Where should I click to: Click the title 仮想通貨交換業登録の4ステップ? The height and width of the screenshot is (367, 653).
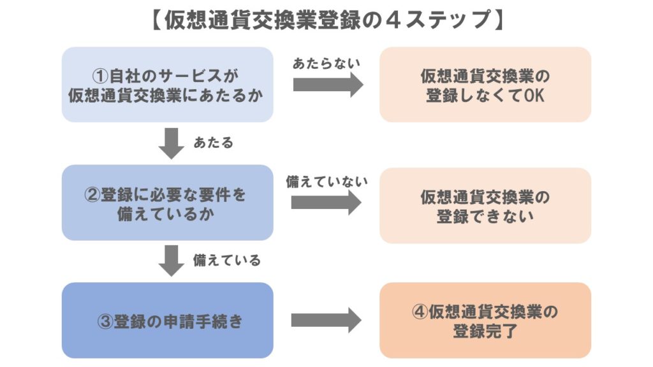(326, 20)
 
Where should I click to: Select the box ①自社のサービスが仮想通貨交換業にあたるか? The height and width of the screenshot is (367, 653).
(167, 84)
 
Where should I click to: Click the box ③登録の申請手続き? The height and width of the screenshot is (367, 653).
(167, 320)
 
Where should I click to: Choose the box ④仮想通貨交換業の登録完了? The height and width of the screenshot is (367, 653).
(485, 320)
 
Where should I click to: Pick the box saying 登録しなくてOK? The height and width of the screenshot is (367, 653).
(485, 84)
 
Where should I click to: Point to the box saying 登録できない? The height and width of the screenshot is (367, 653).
(485, 205)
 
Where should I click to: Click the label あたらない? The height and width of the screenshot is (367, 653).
(326, 64)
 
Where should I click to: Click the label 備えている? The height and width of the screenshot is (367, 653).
(226, 261)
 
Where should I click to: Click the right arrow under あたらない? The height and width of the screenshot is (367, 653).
(327, 85)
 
